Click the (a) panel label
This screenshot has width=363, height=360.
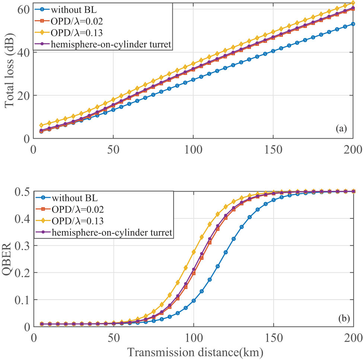(x=341, y=129)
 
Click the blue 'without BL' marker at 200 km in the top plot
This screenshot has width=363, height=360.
(x=353, y=24)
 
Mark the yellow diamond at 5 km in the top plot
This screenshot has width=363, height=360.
(x=41, y=126)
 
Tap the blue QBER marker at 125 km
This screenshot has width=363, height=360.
(x=233, y=239)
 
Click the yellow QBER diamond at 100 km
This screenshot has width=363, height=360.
(x=194, y=252)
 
